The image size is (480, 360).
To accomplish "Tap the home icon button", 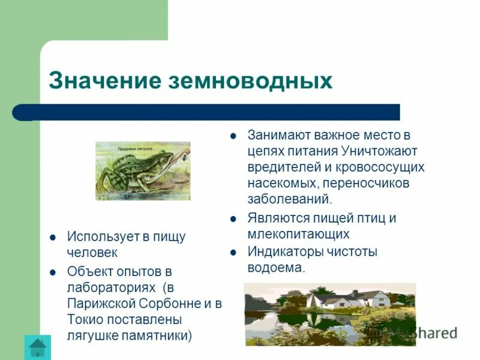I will tap(38, 347).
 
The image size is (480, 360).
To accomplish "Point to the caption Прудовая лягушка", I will tap(136, 146).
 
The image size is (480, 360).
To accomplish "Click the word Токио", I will tap(86, 319).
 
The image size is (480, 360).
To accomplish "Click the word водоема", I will tap(276, 268).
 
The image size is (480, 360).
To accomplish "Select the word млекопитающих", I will tap(298, 235).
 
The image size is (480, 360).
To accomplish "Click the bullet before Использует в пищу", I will tap(53, 237).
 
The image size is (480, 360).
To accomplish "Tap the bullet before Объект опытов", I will tap(53, 271).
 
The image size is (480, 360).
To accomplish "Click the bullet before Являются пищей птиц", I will tap(233, 218).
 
